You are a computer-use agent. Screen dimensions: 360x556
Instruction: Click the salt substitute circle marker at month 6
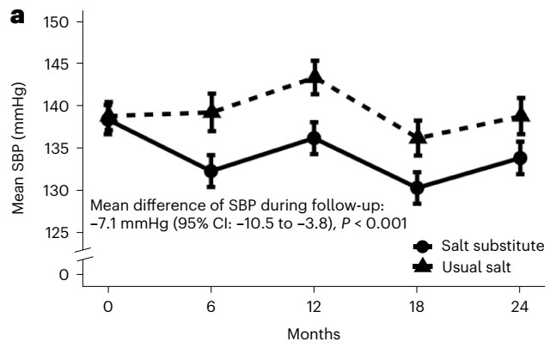click(211, 171)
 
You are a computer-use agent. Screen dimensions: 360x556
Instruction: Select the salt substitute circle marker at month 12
click(315, 138)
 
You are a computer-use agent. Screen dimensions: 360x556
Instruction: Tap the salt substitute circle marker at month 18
click(418, 187)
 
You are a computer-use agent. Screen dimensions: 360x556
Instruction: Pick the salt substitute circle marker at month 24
click(521, 158)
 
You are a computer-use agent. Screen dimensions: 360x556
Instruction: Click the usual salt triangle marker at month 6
click(211, 112)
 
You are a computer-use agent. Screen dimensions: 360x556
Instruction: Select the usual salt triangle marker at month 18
click(418, 137)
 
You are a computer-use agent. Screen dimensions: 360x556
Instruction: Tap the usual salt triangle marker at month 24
click(521, 113)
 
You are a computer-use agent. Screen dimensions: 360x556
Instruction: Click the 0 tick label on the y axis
click(63, 274)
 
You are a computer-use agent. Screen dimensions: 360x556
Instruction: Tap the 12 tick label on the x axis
click(315, 306)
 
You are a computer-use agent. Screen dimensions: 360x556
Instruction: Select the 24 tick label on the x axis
click(521, 306)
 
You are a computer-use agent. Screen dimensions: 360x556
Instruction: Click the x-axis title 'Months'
click(315, 333)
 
